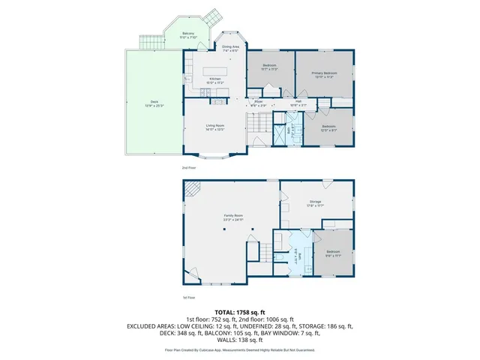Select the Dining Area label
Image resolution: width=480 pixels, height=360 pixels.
(229, 46)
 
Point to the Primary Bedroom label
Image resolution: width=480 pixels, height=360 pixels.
(324, 73)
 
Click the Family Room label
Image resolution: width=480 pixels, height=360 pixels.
(233, 215)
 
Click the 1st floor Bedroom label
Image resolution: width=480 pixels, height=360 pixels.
(333, 251)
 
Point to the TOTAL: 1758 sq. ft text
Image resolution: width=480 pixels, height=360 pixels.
(240, 311)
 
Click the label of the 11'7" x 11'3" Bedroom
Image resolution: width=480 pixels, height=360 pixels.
(270, 66)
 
